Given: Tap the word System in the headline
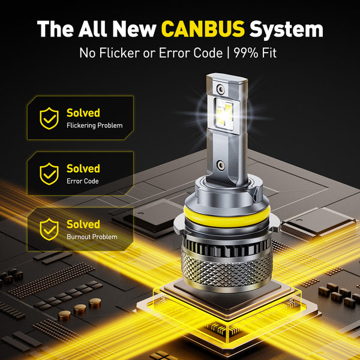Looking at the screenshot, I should (x=286, y=28).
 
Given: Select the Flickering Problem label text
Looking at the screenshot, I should (x=94, y=126).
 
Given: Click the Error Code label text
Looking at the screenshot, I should (x=83, y=181).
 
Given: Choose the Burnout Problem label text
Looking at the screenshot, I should (x=92, y=237).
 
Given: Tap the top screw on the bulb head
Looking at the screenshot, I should (x=222, y=89).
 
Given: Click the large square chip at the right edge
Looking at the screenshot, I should (x=318, y=222).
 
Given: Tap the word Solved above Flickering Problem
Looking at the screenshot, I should (x=83, y=113).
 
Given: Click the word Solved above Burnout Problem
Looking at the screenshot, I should (x=83, y=224).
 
